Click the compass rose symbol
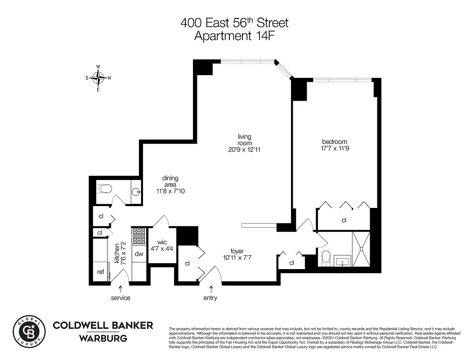pyautogui.click(x=98, y=78)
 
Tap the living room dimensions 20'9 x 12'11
pyautogui.click(x=244, y=149)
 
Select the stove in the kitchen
pyautogui.click(x=139, y=235)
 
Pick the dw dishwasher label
pyautogui.click(x=139, y=254)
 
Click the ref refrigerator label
pyautogui.click(x=101, y=272)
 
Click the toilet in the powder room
pyautogui.click(x=104, y=189)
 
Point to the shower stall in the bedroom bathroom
pyautogui.click(x=361, y=249)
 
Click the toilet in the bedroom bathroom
pyautogui.click(x=327, y=258)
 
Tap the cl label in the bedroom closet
pyautogui.click(x=344, y=220)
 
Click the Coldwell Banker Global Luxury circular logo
pyautogui.click(x=29, y=332)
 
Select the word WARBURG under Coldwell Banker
pyautogui.click(x=103, y=338)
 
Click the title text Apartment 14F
pyautogui.click(x=234, y=36)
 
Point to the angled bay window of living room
pyautogui.click(x=284, y=70)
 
